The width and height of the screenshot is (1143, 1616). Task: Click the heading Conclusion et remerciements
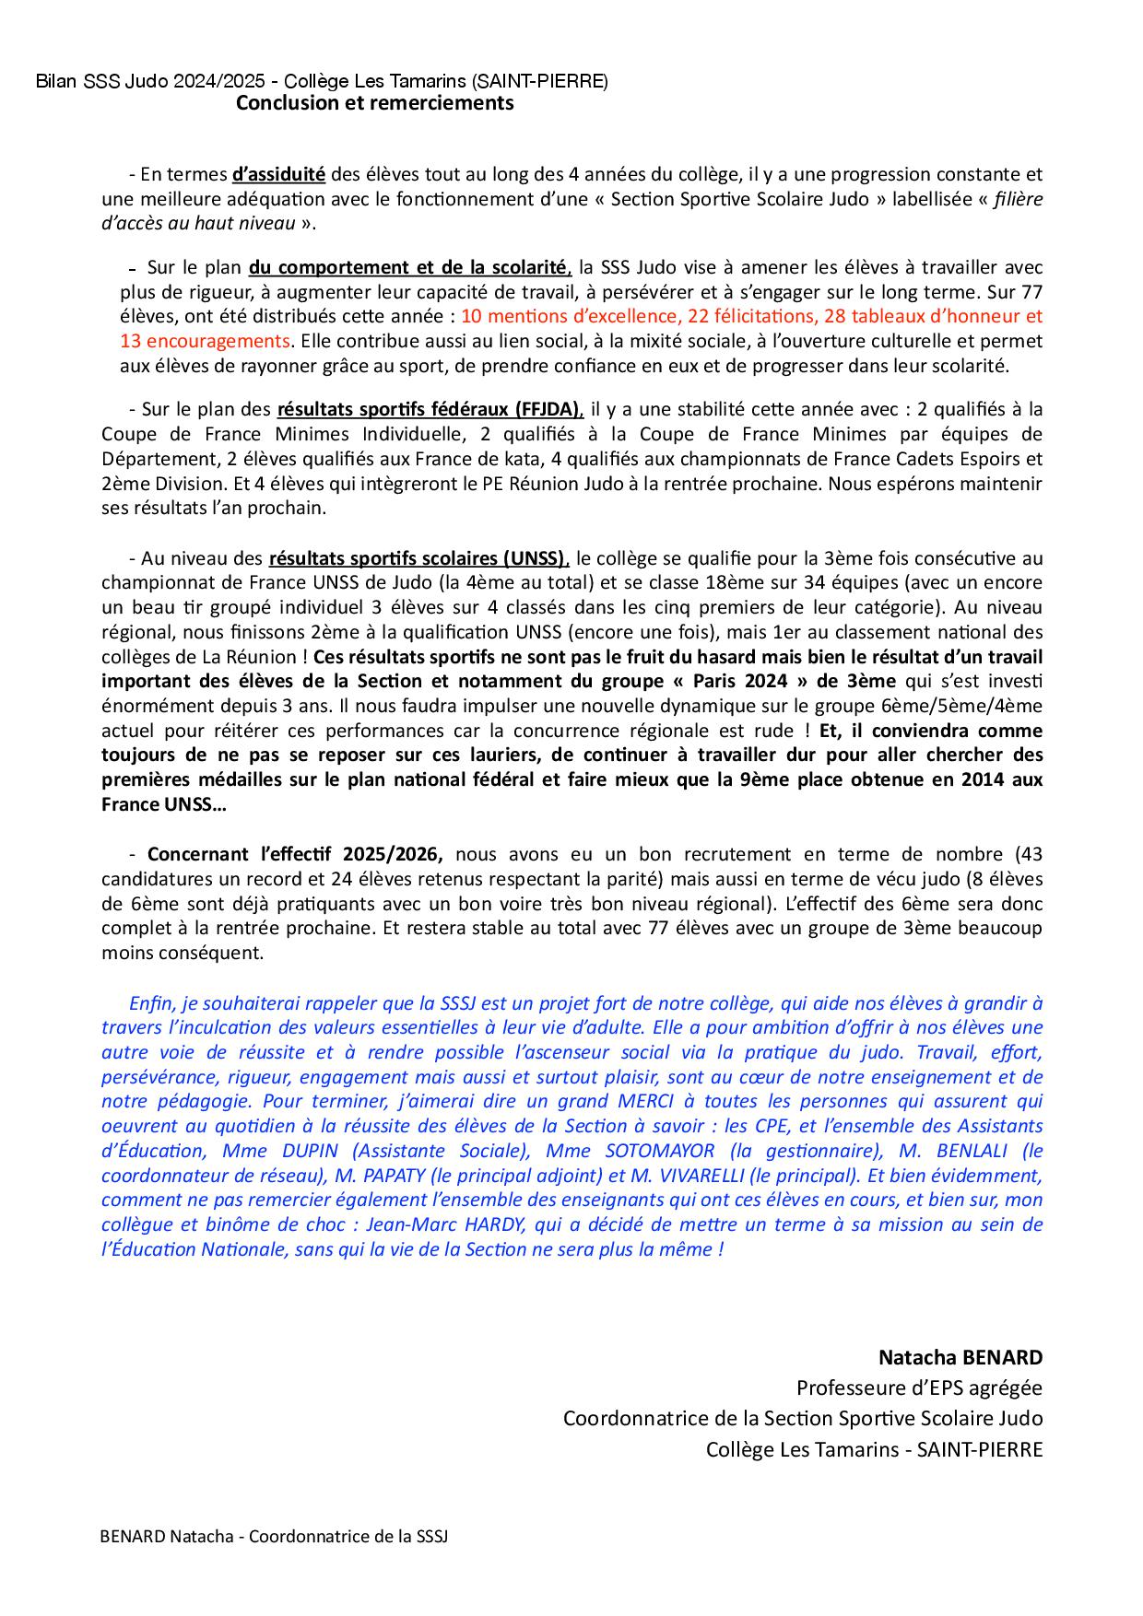pyautogui.click(x=374, y=103)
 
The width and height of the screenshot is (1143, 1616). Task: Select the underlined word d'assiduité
pyautogui.click(x=277, y=174)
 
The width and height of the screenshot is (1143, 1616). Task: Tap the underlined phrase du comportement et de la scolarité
pyautogui.click(x=409, y=268)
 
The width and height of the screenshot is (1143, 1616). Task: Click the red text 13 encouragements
pyautogui.click(x=205, y=341)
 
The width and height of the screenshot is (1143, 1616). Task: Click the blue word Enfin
pyautogui.click(x=150, y=1003)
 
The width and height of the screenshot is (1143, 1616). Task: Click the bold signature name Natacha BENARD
pyautogui.click(x=960, y=1357)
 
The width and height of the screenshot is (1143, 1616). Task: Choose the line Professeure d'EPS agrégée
pyautogui.click(x=919, y=1388)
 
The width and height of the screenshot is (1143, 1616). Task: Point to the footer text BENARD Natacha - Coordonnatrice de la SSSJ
pyautogui.click(x=274, y=1537)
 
